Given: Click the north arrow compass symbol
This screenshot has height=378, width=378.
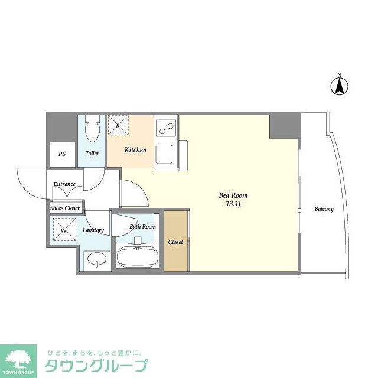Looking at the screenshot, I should point(339,86).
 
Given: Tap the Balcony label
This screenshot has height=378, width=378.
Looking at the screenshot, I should point(324,209).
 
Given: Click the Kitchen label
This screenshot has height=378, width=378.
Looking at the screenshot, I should point(135,150).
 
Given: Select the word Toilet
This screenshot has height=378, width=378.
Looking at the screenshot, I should point(92,154).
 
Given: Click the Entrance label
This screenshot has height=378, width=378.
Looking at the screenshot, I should point(64,184).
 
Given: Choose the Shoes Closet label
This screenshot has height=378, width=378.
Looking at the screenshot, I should point(64,208).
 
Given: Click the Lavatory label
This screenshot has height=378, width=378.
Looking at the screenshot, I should point(93,230).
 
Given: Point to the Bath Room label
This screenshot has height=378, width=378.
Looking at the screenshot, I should point(143,226).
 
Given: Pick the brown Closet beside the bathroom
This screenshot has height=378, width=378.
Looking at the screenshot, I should point(175,242).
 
